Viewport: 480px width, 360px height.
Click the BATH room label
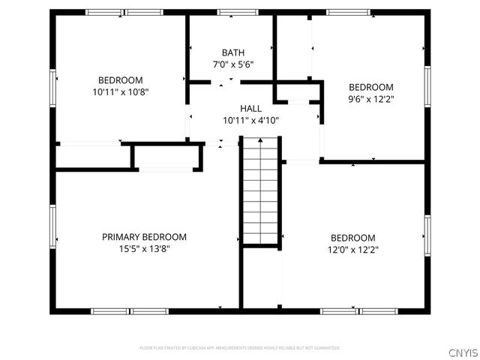pos(232,52)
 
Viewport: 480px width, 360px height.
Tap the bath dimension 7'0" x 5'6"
pos(232,64)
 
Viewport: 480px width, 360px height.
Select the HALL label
pos(250,109)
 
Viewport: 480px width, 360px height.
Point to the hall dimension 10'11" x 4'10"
pos(250,121)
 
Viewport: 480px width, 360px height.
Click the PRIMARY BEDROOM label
pos(144,237)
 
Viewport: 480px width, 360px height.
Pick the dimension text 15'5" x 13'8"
pos(144,249)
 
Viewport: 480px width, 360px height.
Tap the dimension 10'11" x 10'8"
pos(120,92)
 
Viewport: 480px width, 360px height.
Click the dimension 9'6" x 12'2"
pos(370,99)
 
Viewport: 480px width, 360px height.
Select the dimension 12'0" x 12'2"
pos(352,250)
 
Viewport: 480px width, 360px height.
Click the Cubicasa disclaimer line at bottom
pos(240,348)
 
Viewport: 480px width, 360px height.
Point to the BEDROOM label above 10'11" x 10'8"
pos(120,80)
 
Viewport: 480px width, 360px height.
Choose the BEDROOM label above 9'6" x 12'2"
pos(370,87)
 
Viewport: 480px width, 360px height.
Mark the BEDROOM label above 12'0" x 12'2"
pos(352,238)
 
